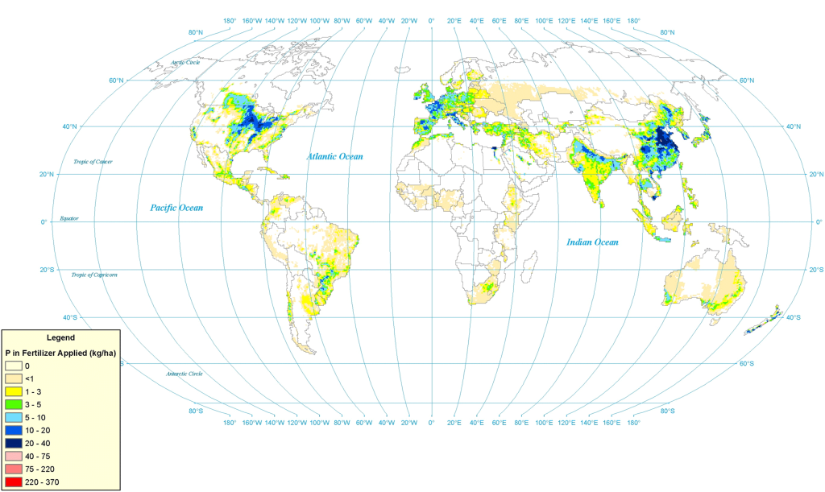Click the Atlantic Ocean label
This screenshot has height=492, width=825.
point(334,156)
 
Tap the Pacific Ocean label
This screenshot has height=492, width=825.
point(176,208)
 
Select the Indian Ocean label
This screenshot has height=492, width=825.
point(592,242)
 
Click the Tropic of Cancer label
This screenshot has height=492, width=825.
point(93,162)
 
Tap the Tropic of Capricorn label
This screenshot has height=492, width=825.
point(94,275)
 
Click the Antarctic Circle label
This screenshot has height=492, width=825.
point(184,374)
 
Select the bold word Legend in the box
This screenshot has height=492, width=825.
point(61,337)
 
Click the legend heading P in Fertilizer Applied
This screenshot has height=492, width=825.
point(61,353)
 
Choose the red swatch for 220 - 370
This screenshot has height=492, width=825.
point(14,482)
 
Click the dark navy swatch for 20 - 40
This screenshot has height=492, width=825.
point(14,443)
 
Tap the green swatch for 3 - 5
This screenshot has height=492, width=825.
point(14,404)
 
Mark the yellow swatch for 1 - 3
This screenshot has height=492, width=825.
point(14,391)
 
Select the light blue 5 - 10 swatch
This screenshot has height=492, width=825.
point(14,417)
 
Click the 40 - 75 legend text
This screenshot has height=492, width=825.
point(38,456)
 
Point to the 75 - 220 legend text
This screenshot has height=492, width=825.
point(39,469)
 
